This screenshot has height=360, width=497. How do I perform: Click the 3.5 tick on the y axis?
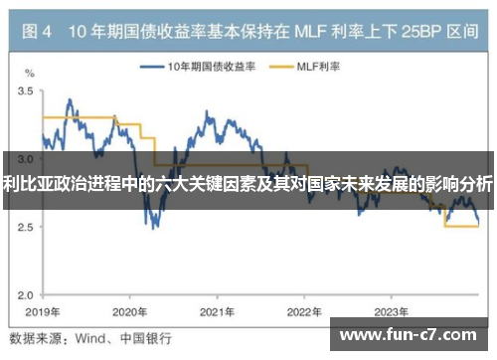coord(28,90)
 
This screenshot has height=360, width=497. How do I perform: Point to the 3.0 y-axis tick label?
coord(28,159)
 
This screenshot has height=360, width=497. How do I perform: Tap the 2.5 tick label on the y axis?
coord(28,227)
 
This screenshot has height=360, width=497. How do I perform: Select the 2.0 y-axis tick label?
coord(28,294)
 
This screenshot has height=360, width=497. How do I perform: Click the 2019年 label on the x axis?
coord(41,309)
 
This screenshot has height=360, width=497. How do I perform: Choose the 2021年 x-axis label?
coord(216,309)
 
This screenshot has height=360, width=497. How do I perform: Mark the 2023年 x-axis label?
coord(391,309)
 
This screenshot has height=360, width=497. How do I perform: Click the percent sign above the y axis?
coord(29,74)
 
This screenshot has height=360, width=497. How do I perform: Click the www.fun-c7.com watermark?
coord(411,336)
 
